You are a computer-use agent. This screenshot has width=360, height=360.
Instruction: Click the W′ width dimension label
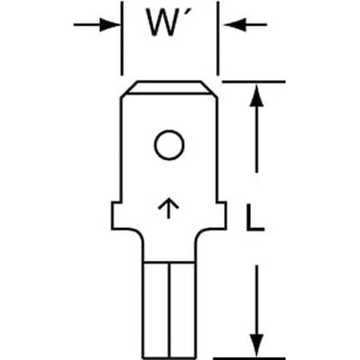(166, 25)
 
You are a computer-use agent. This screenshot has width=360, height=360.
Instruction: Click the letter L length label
(254, 218)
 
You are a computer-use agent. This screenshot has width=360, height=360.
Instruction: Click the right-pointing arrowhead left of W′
(112, 25)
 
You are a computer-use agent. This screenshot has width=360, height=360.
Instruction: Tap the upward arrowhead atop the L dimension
(256, 91)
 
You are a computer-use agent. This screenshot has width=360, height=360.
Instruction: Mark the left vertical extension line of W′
(122, 40)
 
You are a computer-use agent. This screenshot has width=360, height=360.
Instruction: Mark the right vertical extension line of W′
(218, 40)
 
